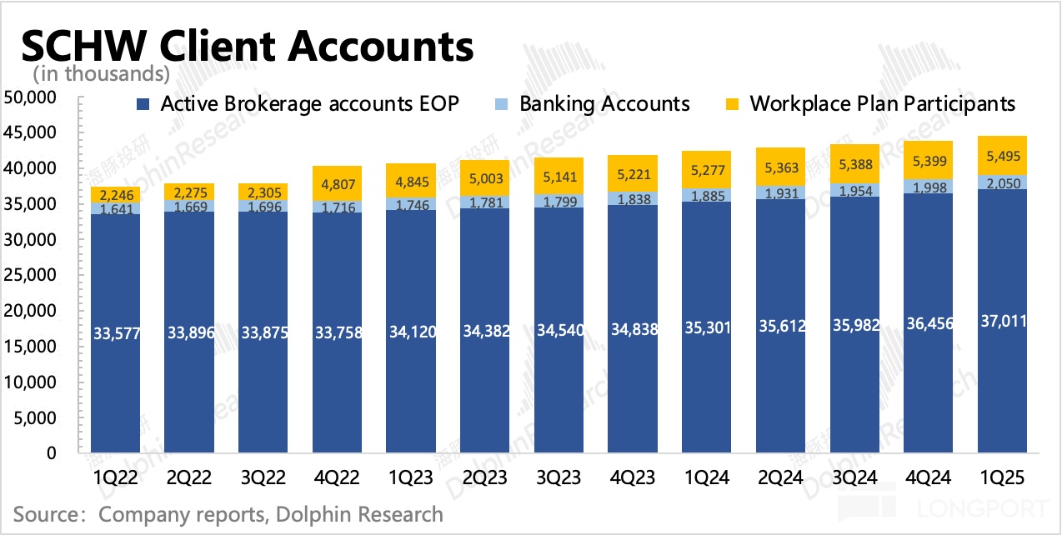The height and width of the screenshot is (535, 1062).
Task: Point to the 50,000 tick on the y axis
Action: [30, 98]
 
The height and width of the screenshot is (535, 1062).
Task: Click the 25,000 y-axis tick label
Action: [30, 276]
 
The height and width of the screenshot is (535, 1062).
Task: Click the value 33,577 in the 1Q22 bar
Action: [115, 335]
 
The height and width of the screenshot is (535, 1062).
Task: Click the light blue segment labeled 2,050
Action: [1001, 182]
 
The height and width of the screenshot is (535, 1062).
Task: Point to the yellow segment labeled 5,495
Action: [1001, 156]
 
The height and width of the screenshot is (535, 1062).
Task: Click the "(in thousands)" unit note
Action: [102, 74]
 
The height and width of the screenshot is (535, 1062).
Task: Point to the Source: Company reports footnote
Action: [228, 513]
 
